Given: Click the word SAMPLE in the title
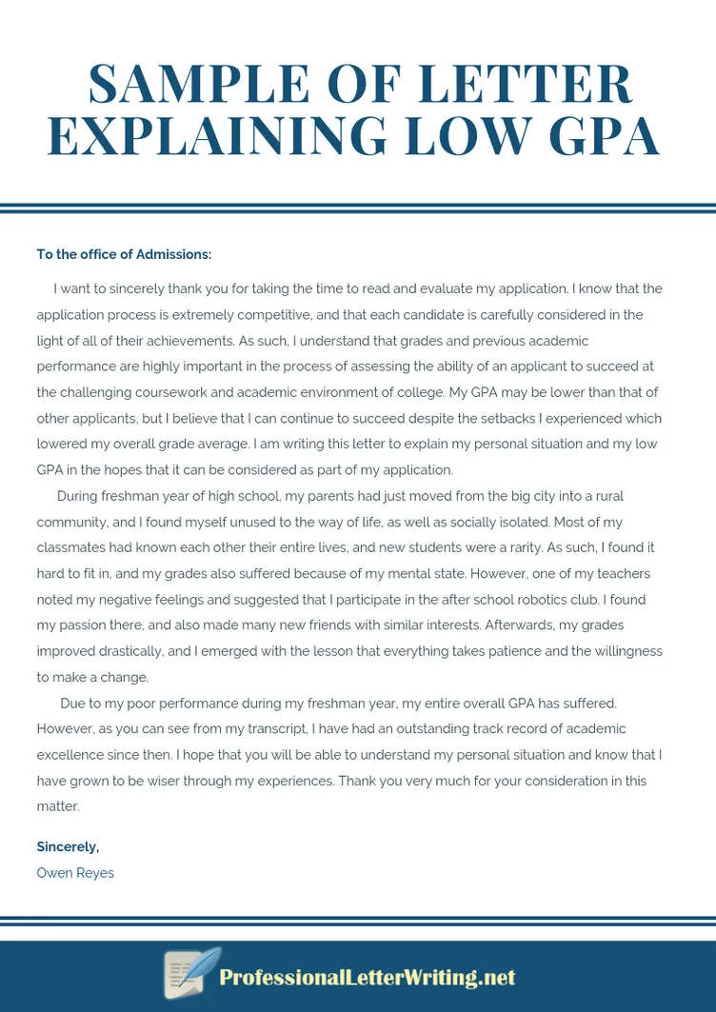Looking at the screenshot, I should [198, 84].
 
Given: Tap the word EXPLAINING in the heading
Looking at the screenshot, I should [217, 135].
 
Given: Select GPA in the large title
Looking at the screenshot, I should [605, 135].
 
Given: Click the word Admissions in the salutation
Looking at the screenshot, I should [171, 254].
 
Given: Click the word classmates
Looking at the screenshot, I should [70, 547].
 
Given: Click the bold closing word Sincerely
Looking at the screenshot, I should [67, 846].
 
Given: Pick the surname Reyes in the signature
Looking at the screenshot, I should [94, 873].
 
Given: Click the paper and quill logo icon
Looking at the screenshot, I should [190, 973].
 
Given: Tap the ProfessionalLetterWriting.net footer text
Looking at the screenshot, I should [367, 978].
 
